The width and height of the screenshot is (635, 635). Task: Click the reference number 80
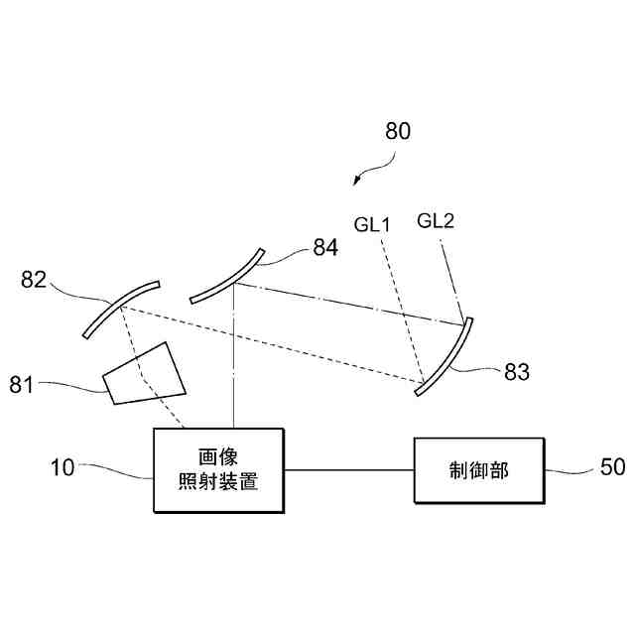[x=397, y=131]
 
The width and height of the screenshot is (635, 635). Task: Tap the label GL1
[x=372, y=224]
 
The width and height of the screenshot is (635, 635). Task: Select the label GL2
[x=436, y=220]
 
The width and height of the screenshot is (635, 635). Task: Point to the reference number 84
[x=325, y=248]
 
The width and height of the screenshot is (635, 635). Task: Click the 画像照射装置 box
[x=218, y=470]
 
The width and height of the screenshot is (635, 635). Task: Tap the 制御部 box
[x=479, y=470]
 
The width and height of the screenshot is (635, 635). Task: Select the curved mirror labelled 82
[x=120, y=308]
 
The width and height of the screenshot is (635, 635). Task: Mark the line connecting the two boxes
[x=348, y=470]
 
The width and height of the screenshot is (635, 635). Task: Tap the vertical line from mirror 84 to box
[x=233, y=357]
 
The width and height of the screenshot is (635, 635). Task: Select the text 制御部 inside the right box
[x=479, y=470]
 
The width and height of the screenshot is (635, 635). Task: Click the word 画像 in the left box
[x=218, y=457]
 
